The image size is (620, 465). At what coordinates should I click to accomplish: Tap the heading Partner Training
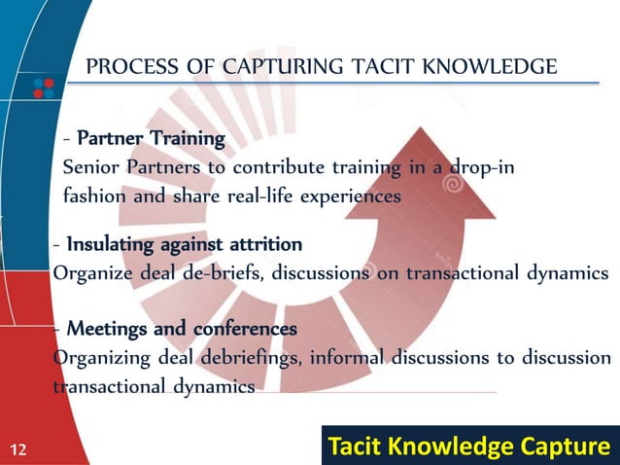pos(151,138)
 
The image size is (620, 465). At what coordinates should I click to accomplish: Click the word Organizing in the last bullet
pos(100,357)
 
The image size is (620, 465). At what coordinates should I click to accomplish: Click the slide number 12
pos(17,448)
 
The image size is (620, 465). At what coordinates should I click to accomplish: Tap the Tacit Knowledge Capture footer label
pos(471,447)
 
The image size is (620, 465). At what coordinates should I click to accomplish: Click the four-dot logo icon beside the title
pos(43,86)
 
